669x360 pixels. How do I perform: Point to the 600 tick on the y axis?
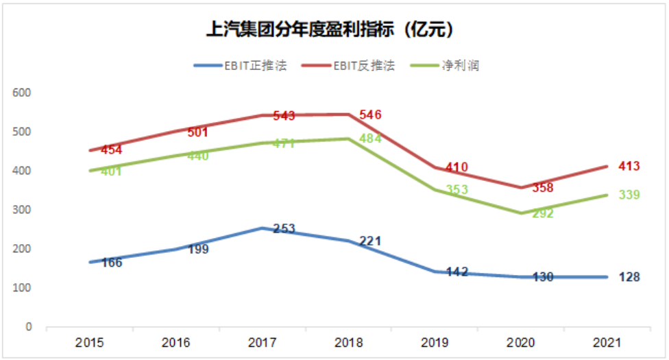24,93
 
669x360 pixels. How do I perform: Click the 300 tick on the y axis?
24,210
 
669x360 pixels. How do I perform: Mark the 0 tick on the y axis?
29,327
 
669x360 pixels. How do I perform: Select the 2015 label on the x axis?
89,342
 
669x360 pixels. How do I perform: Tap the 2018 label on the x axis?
348,342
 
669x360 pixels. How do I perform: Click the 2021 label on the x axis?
607,342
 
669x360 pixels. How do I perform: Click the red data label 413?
629,166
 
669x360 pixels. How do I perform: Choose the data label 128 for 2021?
629,277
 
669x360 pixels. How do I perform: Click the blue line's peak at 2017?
262,228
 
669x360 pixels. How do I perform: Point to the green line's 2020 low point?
520,213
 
